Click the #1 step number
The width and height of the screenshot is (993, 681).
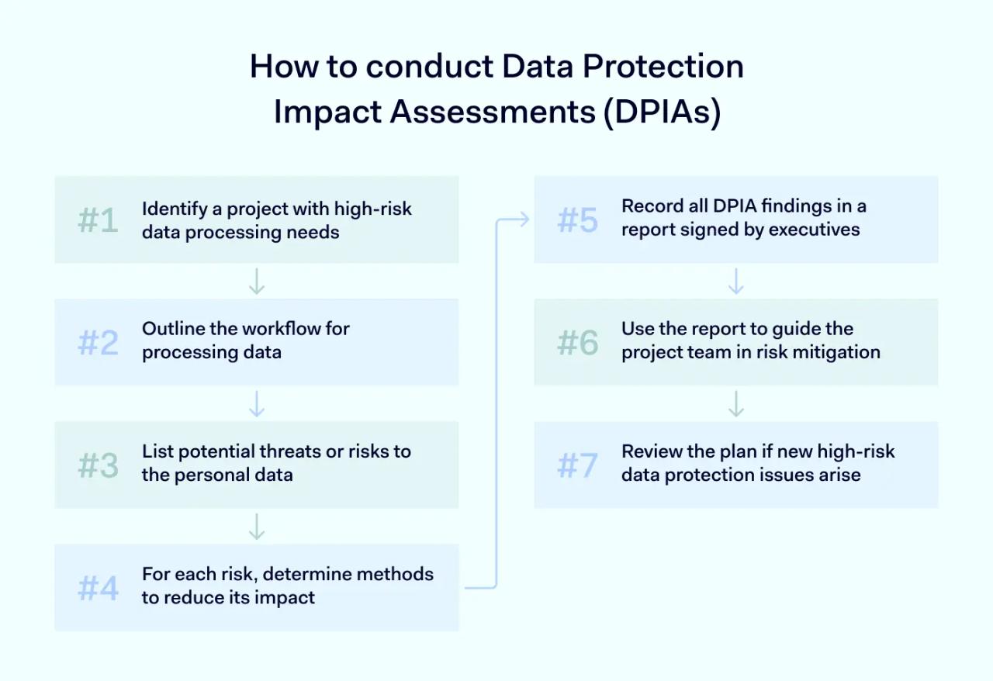(99, 221)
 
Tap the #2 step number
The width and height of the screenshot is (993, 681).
(99, 342)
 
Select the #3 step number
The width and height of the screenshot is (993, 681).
(99, 465)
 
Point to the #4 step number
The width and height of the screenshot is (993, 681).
(99, 588)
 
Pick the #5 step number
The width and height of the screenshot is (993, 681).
(578, 221)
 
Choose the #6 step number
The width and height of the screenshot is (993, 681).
(578, 342)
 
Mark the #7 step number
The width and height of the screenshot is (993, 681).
(578, 465)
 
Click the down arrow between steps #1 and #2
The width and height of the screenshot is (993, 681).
(257, 282)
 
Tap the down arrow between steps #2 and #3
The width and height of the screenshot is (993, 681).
(257, 404)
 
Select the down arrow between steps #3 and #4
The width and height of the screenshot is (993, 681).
(257, 527)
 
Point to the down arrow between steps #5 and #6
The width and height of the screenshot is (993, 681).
(736, 282)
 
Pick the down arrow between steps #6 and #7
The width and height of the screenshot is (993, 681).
(736, 404)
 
